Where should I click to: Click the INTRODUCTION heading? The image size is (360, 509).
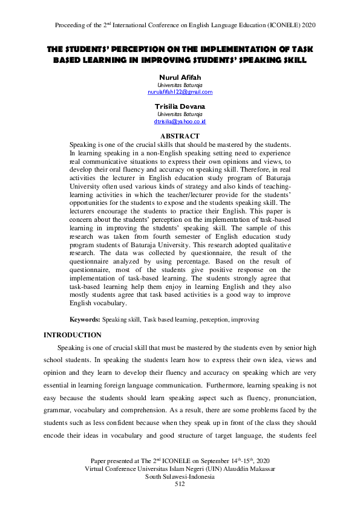click(x=73, y=334)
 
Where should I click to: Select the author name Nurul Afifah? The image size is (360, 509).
click(x=180, y=78)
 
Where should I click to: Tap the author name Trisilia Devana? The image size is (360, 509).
click(x=180, y=106)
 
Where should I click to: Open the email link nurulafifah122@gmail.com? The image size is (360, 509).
click(x=180, y=92)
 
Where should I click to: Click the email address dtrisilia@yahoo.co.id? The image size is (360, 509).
click(x=180, y=122)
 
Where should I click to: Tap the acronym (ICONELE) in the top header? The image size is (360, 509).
click(x=283, y=25)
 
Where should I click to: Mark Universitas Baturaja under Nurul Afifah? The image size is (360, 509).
click(x=180, y=86)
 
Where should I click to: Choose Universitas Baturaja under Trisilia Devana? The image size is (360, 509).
click(x=180, y=114)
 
